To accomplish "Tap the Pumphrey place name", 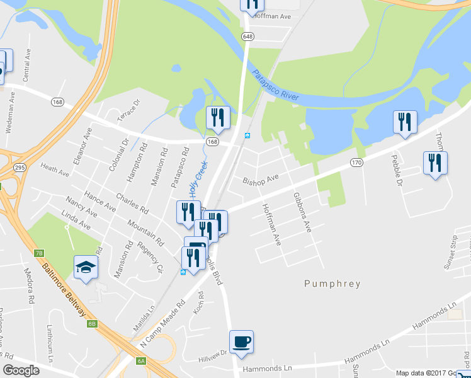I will pyautogui.click(x=332, y=283).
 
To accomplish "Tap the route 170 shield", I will pyautogui.click(x=356, y=163).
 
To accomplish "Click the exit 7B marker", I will pyautogui.click(x=39, y=253).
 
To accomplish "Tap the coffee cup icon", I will pyautogui.click(x=241, y=342).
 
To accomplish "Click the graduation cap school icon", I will pyautogui.click(x=86, y=268).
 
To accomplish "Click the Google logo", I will pyautogui.click(x=21, y=370).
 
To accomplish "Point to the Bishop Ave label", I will pyautogui.click(x=261, y=180).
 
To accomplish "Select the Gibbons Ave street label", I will pyautogui.click(x=302, y=213).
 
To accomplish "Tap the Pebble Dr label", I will pyautogui.click(x=396, y=171).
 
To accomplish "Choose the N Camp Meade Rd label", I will pyautogui.click(x=162, y=324).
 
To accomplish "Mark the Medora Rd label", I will pyautogui.click(x=28, y=287).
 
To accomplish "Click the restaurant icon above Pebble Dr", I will pyautogui.click(x=405, y=122).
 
